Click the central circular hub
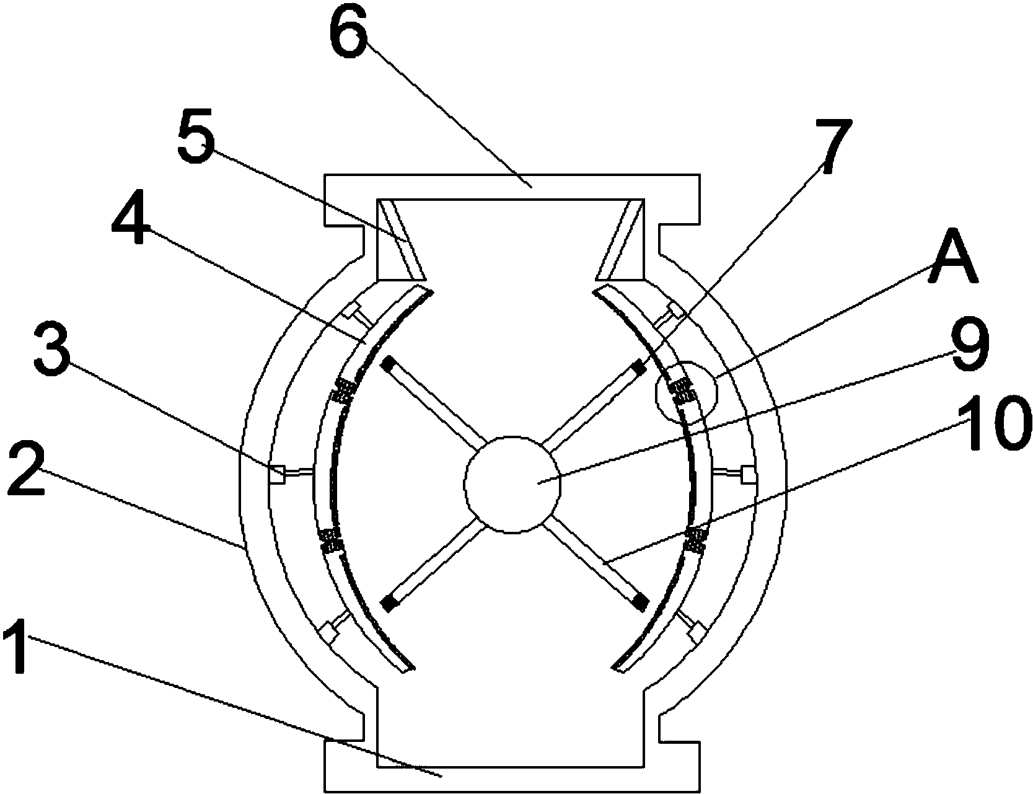(512, 484)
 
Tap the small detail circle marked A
(686, 392)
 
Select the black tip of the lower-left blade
(389, 604)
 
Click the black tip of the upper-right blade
(638, 366)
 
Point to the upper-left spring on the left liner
(342, 392)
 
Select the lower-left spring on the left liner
(329, 540)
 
